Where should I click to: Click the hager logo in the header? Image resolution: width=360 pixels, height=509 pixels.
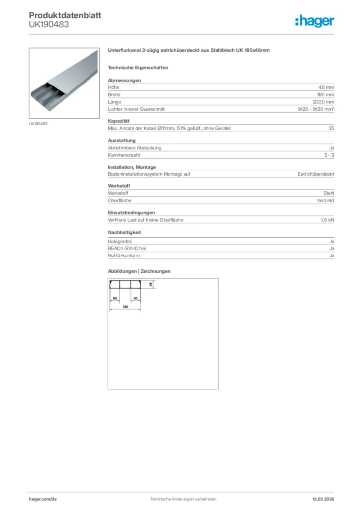coord(314,21)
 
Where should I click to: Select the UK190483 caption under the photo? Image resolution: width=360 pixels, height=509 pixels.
coord(38,124)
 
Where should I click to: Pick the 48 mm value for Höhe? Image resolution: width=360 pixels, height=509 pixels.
coord(326,87)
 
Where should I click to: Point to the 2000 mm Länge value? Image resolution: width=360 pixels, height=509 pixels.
coord(324,102)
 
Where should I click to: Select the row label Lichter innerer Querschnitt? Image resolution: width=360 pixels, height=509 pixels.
coord(136,109)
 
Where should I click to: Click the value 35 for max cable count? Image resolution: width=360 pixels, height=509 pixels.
coord(331,129)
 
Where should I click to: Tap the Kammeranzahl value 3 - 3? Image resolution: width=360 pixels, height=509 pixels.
coord(329,155)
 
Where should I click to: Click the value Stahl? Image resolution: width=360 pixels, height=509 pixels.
coord(329,193)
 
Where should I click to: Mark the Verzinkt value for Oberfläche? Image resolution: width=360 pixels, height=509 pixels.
coord(325,200)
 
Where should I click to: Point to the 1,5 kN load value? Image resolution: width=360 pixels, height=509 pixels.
coord(327,220)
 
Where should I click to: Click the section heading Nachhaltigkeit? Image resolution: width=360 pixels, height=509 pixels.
coord(125,232)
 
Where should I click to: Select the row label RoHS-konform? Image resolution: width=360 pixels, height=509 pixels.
coord(124,255)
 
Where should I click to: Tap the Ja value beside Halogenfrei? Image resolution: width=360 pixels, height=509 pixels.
coord(331,241)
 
